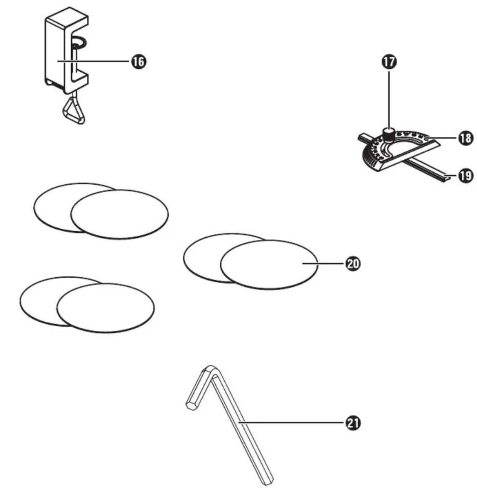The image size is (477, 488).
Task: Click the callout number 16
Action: (x=138, y=61)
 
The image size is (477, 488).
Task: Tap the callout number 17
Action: (x=389, y=62)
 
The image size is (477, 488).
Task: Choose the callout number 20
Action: (x=353, y=264)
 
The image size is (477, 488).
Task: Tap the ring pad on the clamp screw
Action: (x=78, y=42)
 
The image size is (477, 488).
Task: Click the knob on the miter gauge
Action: (x=389, y=135)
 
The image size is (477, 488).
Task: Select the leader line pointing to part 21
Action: (x=291, y=423)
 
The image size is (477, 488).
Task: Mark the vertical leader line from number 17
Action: (x=389, y=99)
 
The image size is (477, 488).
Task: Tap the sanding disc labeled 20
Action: (x=269, y=265)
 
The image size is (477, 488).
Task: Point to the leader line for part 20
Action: (x=323, y=263)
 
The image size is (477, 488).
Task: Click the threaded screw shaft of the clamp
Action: (x=75, y=60)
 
